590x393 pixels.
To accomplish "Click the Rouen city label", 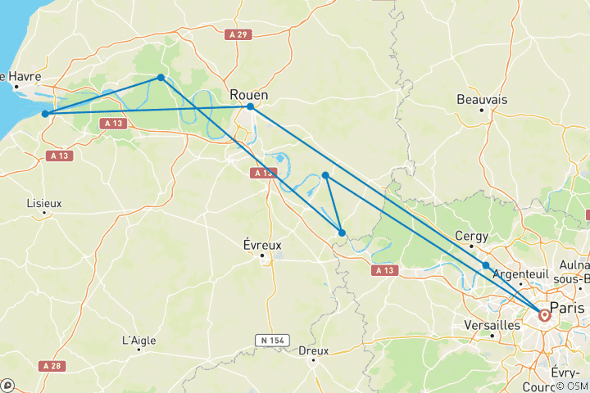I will click(x=250, y=94).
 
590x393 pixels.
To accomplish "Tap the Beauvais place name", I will click(x=482, y=99).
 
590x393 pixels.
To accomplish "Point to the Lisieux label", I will click(x=43, y=201).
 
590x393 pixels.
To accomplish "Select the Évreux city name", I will click(x=262, y=244).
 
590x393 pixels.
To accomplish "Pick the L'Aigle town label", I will click(x=138, y=340).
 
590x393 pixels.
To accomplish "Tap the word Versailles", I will click(x=492, y=325).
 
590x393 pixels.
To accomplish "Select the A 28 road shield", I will click(x=52, y=366).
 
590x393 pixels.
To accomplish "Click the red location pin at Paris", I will click(x=544, y=314).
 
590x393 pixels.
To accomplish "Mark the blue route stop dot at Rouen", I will click(x=250, y=106).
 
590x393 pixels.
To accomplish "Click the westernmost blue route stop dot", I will click(x=46, y=114).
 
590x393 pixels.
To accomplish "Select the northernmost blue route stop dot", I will click(x=161, y=78).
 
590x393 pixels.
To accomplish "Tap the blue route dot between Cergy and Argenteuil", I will click(x=486, y=265).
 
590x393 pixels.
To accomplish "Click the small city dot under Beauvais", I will click(x=482, y=110).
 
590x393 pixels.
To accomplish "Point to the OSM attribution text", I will click(x=572, y=386).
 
